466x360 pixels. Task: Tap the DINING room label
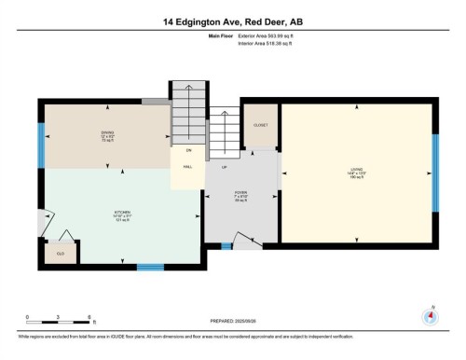[107, 134]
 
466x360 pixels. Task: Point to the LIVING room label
[357, 171]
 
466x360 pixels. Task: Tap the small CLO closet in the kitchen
[59, 252]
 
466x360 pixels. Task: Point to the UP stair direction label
[224, 167]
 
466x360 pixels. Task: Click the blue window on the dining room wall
[40, 145]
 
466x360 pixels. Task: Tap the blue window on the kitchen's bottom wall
[150, 268]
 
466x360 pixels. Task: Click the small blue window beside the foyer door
[226, 246]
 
